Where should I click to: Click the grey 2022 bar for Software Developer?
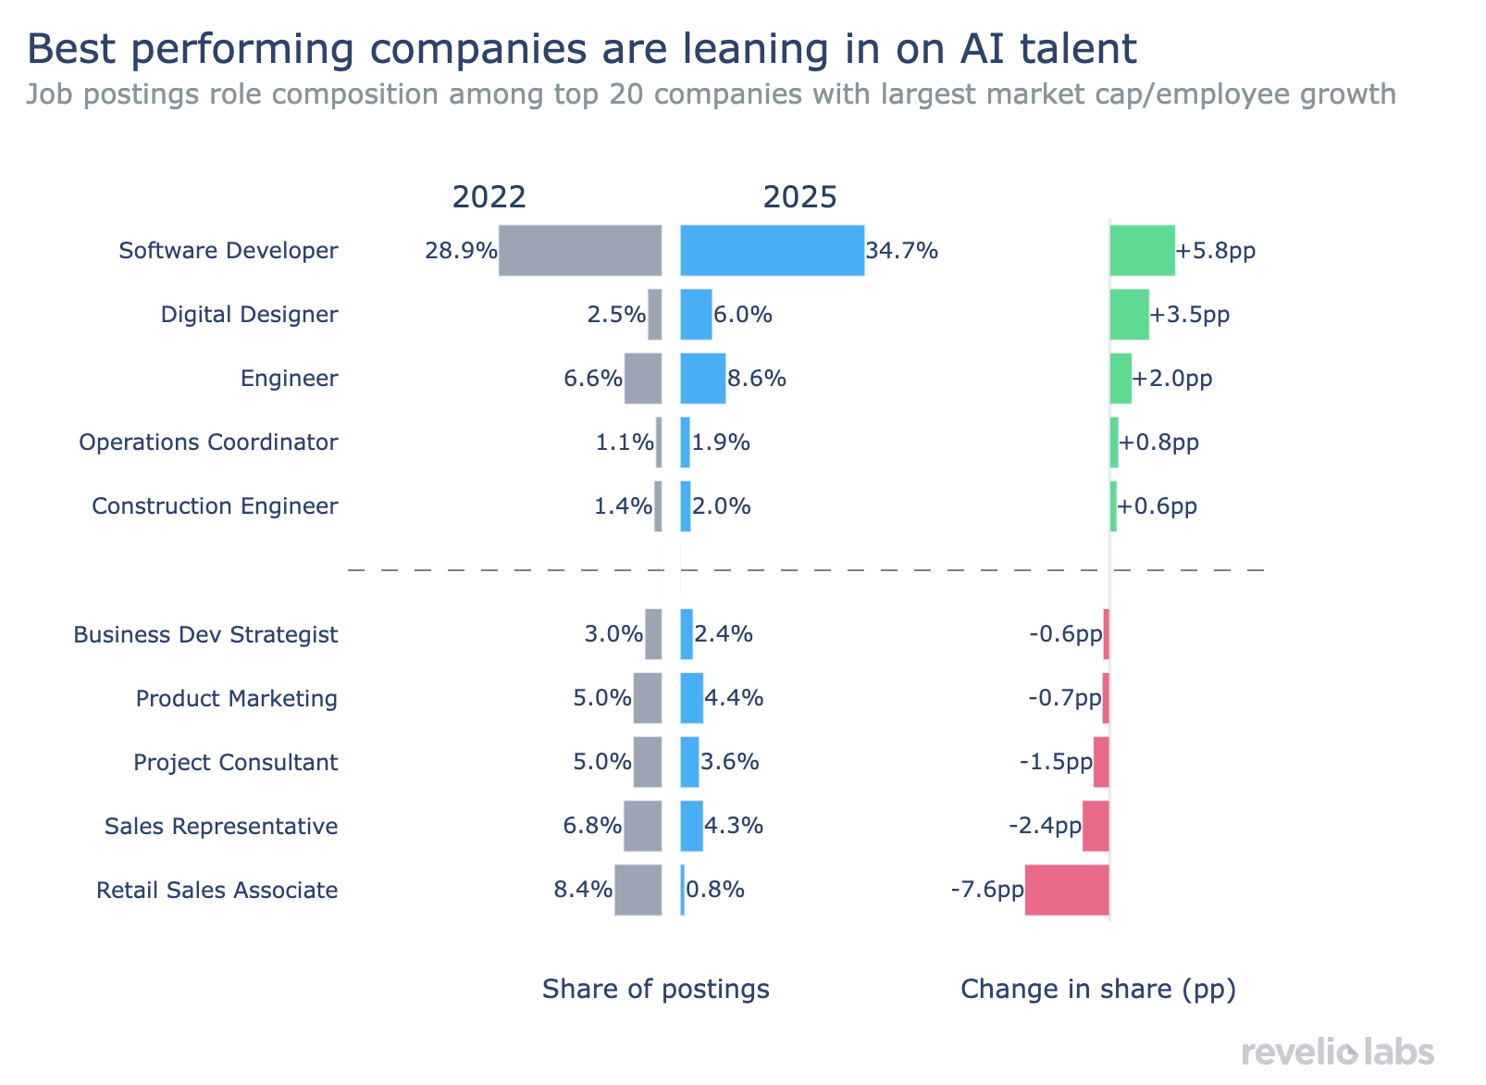click(580, 250)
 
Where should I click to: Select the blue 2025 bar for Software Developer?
click(773, 250)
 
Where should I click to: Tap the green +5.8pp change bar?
click(1142, 250)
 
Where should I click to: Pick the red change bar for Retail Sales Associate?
click(1067, 890)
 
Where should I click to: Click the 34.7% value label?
click(902, 251)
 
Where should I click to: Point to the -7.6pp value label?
click(987, 891)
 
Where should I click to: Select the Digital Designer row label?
click(249, 315)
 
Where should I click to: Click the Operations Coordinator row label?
click(208, 443)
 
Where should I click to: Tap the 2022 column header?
click(489, 197)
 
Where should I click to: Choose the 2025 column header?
click(799, 197)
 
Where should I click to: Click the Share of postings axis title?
click(655, 990)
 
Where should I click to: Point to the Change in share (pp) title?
click(1098, 990)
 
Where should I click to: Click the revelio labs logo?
click(1337, 1052)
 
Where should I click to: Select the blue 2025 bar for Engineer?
click(702, 379)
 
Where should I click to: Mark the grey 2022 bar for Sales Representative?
click(643, 826)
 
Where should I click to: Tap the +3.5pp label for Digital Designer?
click(1190, 315)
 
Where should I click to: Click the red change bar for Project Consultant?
click(1101, 762)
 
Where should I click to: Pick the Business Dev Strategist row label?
click(205, 635)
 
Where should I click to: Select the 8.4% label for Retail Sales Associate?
click(583, 891)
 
